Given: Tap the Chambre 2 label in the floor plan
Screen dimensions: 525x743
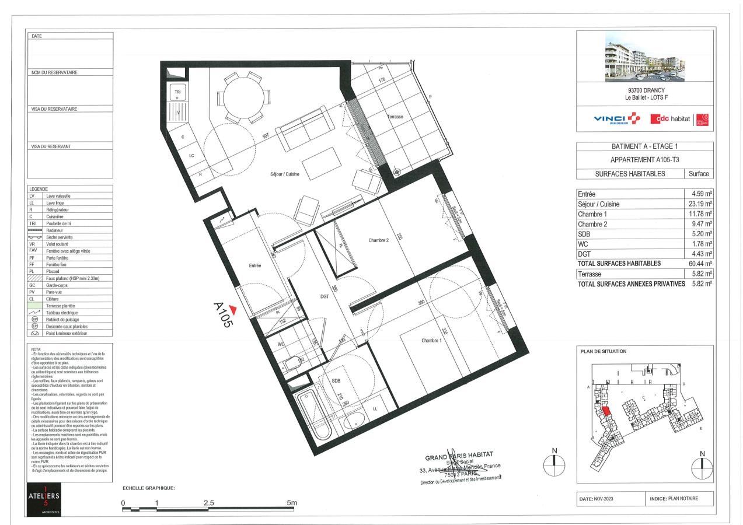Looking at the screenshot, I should click(379, 240).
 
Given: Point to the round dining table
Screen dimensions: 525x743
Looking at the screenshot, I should click(244, 95).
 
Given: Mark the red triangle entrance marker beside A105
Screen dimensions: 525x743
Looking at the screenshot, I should click(233, 309).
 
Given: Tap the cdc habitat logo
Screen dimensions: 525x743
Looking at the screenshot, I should click(670, 120).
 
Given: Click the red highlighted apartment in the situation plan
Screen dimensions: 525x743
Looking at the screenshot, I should click(606, 411).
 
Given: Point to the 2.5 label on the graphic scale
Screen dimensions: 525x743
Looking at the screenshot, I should click(208, 503).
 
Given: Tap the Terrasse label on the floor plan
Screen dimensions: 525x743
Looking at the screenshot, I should click(395, 117).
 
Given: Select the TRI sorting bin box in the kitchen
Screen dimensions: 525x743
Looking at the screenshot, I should click(177, 92).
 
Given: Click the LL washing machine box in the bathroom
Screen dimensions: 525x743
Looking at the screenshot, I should click(375, 408).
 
